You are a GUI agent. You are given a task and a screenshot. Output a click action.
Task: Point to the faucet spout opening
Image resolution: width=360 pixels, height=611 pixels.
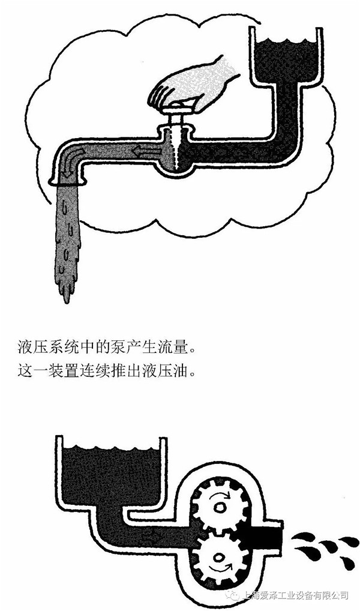pos(71,179)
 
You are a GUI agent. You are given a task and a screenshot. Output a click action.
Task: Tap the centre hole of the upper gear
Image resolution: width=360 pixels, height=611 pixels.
pos(220,508)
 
